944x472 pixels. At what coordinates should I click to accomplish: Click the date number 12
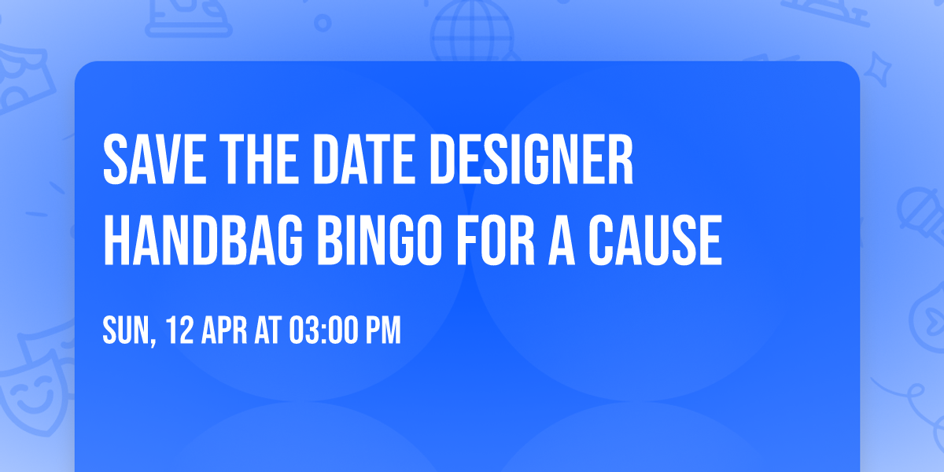(x=176, y=330)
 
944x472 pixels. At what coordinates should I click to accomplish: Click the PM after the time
(x=383, y=330)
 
